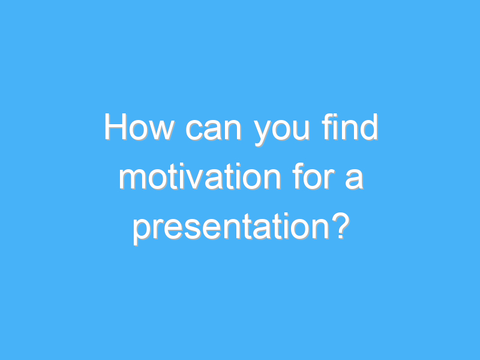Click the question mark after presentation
click(x=341, y=226)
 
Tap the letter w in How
click(x=159, y=131)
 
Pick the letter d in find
click(x=370, y=128)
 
